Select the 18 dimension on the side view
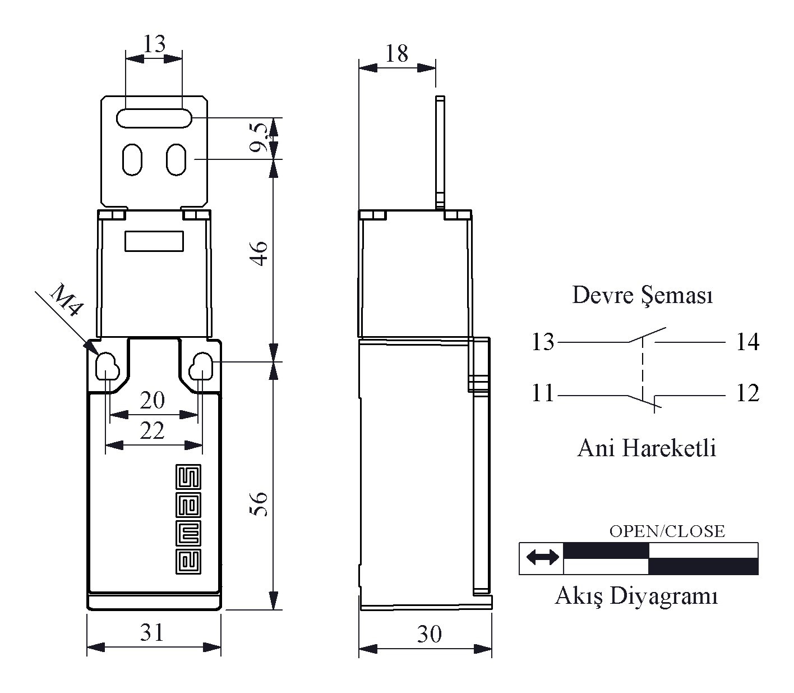tap(396, 53)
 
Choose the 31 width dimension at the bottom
tap(152, 633)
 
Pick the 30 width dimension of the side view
tap(429, 635)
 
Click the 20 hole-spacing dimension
tap(153, 400)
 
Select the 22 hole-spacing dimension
tap(152, 431)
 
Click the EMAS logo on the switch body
tap(188, 518)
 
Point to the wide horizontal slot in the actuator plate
tap(154, 118)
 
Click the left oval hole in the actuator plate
tap(132, 159)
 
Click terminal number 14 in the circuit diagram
tap(747, 342)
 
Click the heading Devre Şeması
tap(642, 296)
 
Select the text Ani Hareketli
tap(646, 448)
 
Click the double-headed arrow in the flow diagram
tap(542, 558)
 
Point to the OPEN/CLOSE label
tap(667, 531)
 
